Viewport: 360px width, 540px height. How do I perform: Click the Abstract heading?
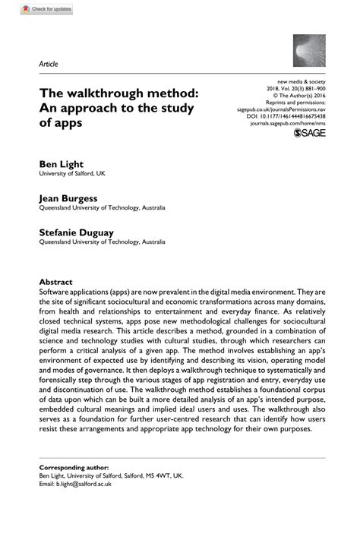click(56, 280)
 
